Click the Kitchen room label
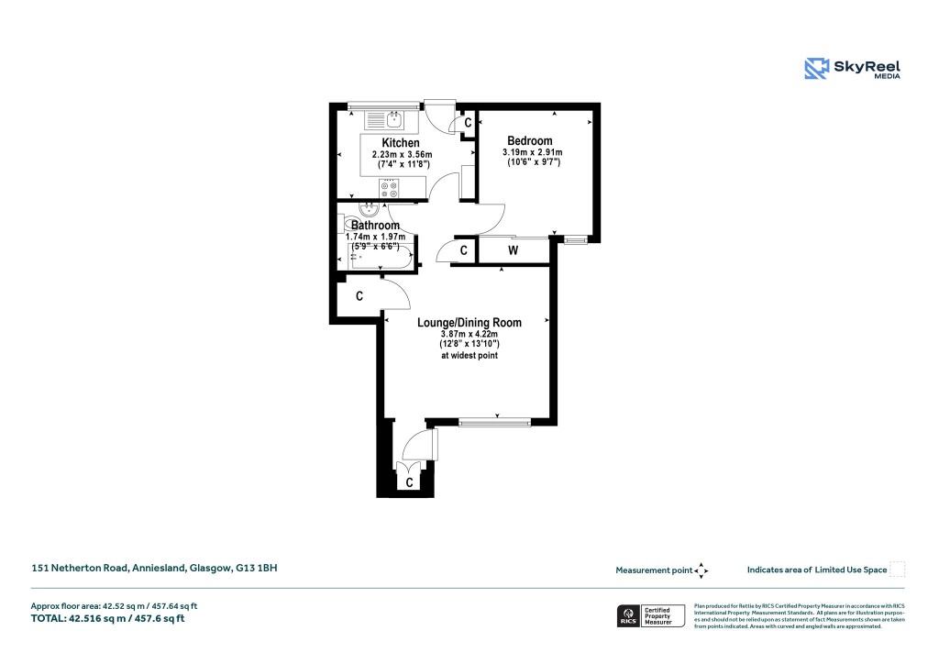[x=401, y=143]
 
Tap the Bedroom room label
[x=530, y=140]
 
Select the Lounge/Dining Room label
[x=469, y=322]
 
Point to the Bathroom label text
[x=375, y=226]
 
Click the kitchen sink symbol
[x=394, y=118]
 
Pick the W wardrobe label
[x=513, y=250]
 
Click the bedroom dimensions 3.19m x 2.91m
[x=532, y=152]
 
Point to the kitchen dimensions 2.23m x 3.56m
[x=401, y=155]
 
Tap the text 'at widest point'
[x=469, y=355]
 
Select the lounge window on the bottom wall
[x=494, y=423]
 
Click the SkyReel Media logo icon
[x=816, y=69]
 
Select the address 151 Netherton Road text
[x=154, y=569]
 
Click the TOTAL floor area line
[x=108, y=618]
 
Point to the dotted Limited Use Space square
[x=898, y=570]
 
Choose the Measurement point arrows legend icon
[x=701, y=570]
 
